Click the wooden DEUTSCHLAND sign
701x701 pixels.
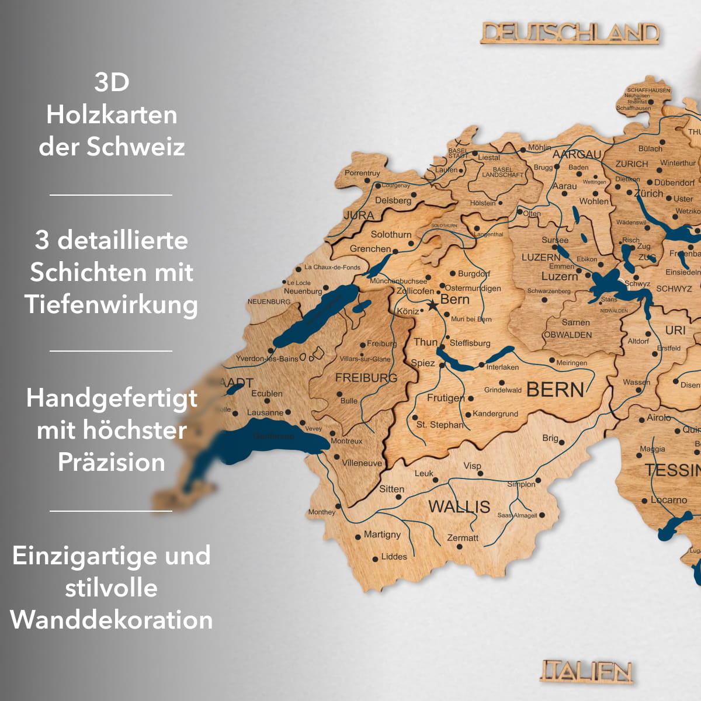570,33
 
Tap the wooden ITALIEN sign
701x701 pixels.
587,672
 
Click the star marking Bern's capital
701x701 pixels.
432,305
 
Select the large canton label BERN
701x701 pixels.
555,390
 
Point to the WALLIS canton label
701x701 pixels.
459,506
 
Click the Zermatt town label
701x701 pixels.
462,538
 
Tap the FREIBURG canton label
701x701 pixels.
366,378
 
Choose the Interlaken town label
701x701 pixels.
502,367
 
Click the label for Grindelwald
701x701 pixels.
502,390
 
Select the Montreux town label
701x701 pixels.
346,441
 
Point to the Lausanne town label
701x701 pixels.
265,412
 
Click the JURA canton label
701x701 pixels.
359,216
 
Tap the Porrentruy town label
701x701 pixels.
362,173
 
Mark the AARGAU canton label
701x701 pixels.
577,154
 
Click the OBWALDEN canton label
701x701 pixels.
568,335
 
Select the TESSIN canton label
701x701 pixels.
672,470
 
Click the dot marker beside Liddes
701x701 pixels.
375,559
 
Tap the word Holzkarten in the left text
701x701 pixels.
112,114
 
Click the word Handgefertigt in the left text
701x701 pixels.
112,398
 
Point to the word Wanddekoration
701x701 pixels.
112,620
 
